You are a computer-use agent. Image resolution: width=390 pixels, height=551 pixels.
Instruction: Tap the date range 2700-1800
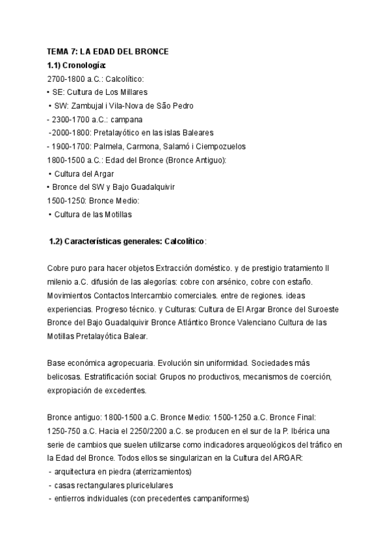(x=65, y=79)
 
